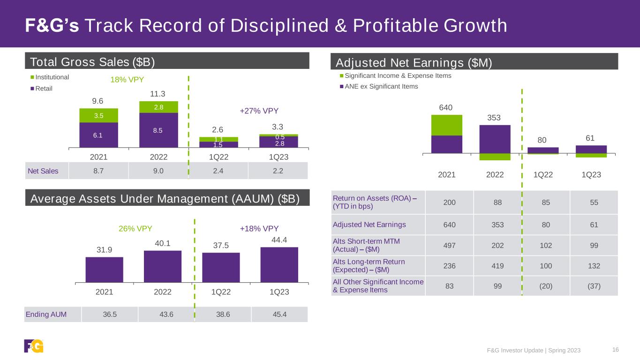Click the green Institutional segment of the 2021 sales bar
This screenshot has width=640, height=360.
click(x=98, y=115)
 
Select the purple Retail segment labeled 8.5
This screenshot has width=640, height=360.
click(x=158, y=130)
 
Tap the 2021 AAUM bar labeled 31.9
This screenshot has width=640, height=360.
click(x=104, y=270)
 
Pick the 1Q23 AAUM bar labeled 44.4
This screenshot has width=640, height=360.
click(x=279, y=265)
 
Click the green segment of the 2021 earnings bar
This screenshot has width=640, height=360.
click(x=446, y=125)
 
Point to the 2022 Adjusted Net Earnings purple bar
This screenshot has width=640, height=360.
click(x=495, y=139)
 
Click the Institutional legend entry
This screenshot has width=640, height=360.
click(x=50, y=77)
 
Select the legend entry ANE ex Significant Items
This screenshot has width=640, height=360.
click(x=379, y=86)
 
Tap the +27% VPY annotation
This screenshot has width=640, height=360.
click(x=259, y=111)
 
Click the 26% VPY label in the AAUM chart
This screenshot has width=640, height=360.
click(x=135, y=229)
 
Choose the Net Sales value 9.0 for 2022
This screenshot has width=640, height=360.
click(x=158, y=171)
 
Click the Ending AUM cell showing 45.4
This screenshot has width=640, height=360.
click(x=279, y=314)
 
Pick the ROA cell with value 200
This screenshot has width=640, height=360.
click(x=450, y=202)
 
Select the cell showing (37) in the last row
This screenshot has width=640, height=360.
click(x=594, y=286)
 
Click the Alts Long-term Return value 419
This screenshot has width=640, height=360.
click(x=497, y=266)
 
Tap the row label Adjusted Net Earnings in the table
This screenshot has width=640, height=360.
click(x=369, y=225)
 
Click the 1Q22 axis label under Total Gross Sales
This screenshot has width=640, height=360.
click(x=218, y=157)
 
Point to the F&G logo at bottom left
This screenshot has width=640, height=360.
click(x=34, y=346)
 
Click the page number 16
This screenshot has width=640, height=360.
click(x=616, y=350)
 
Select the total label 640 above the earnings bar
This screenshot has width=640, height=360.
click(x=446, y=108)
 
